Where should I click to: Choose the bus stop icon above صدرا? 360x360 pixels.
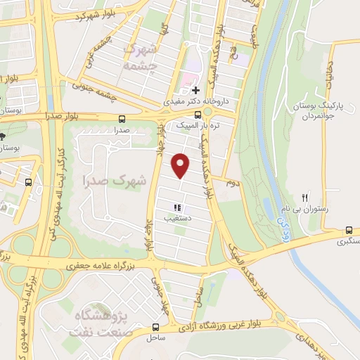click(122, 118)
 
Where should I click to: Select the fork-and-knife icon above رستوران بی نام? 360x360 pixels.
click(304, 198)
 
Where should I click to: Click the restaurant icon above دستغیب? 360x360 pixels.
click(178, 207)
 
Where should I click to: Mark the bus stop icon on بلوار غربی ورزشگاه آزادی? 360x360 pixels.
click(155, 327)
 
